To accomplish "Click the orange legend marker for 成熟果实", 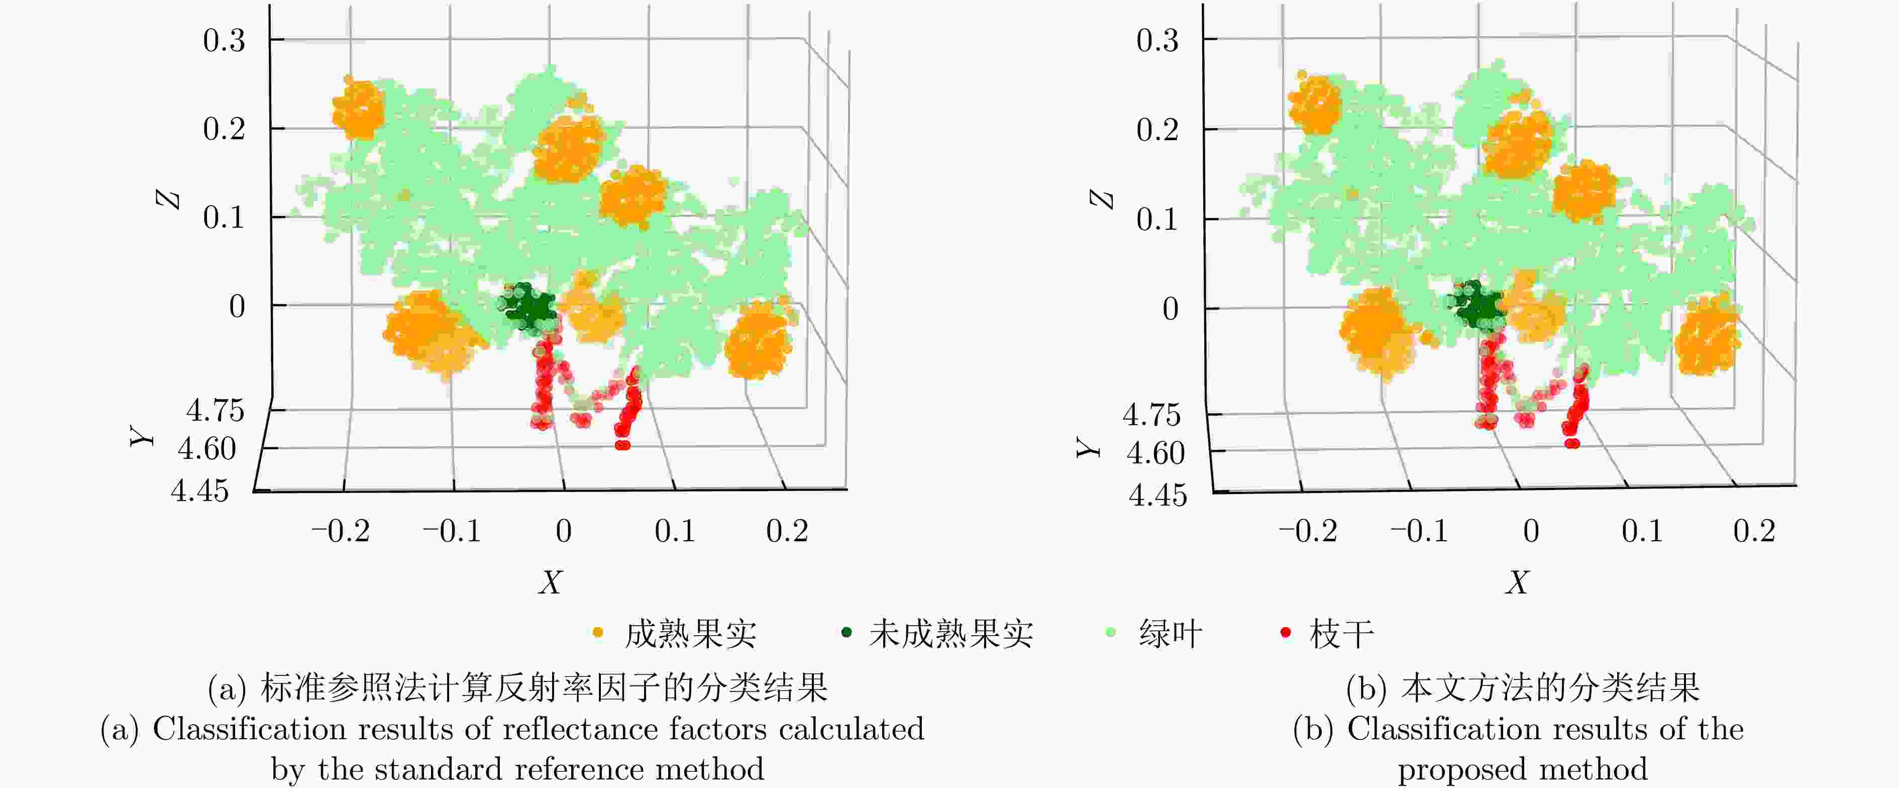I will [598, 633].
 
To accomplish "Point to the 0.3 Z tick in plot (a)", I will [224, 41].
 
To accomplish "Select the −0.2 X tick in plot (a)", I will [341, 531].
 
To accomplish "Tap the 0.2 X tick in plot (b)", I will [1754, 531].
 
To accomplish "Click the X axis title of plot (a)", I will [551, 582].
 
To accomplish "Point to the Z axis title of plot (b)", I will [1102, 199].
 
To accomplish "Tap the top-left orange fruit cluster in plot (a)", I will [359, 109].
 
